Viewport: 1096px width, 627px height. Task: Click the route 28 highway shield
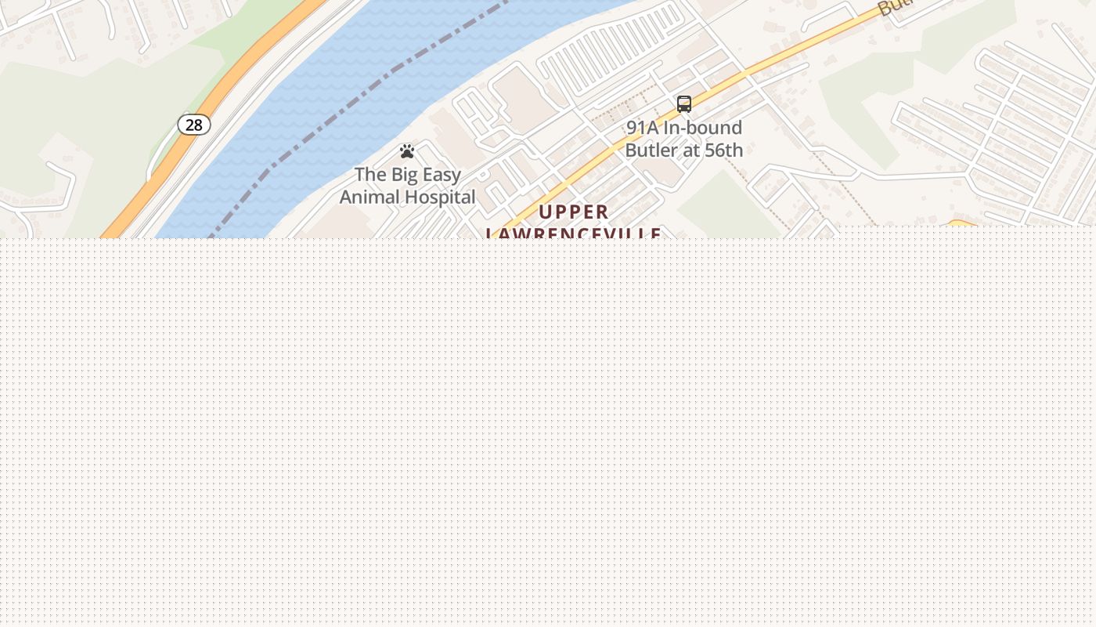(x=193, y=125)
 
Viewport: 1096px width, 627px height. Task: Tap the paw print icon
(x=407, y=151)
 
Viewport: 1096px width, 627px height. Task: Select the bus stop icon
(x=684, y=104)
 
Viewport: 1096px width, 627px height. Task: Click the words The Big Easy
(x=407, y=174)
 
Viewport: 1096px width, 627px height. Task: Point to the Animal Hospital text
(x=407, y=197)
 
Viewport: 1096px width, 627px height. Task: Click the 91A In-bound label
(x=684, y=127)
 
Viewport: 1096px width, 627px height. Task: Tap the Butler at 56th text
(x=684, y=150)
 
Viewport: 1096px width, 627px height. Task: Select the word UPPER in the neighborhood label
(x=574, y=212)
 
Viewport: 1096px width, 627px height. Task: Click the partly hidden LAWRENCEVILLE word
(x=574, y=234)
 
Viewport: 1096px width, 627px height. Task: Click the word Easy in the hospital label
(x=442, y=174)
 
